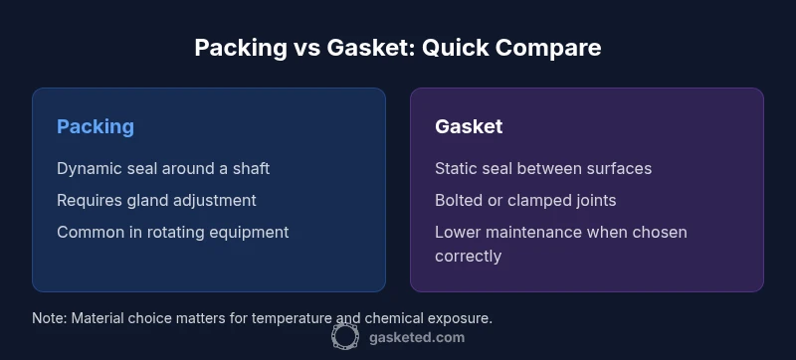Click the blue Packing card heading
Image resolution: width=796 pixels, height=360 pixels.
96,126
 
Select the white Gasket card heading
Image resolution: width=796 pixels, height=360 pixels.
469,126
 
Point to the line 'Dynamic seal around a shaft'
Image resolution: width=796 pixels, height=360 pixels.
163,168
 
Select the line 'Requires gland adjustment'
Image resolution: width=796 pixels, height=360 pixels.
156,200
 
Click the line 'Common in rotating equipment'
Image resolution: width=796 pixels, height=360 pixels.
172,232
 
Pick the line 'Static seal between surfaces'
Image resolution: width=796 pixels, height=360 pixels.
543,168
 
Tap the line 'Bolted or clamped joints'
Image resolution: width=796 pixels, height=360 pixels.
525,200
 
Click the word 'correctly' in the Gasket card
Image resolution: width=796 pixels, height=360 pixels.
468,256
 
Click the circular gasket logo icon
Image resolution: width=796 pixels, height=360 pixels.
345,337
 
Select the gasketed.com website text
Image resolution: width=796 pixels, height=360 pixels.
415,337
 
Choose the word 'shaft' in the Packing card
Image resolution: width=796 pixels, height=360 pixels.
250,168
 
